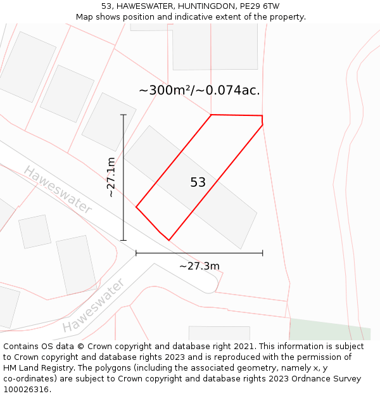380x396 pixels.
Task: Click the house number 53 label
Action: coord(198,182)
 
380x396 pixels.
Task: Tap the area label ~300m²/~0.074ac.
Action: coord(199,91)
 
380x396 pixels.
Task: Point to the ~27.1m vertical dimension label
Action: coord(111,177)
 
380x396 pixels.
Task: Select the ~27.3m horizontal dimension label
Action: coord(199,266)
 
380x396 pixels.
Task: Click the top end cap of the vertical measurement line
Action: coord(123,115)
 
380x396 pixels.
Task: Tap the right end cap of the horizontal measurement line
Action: coord(263,253)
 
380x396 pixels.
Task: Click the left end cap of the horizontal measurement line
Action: coord(136,253)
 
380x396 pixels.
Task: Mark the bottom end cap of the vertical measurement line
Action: coord(123,241)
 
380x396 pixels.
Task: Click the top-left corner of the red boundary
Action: coord(211,115)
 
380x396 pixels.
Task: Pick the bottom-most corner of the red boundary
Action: coord(169,240)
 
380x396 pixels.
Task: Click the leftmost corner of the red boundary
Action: coord(136,207)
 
